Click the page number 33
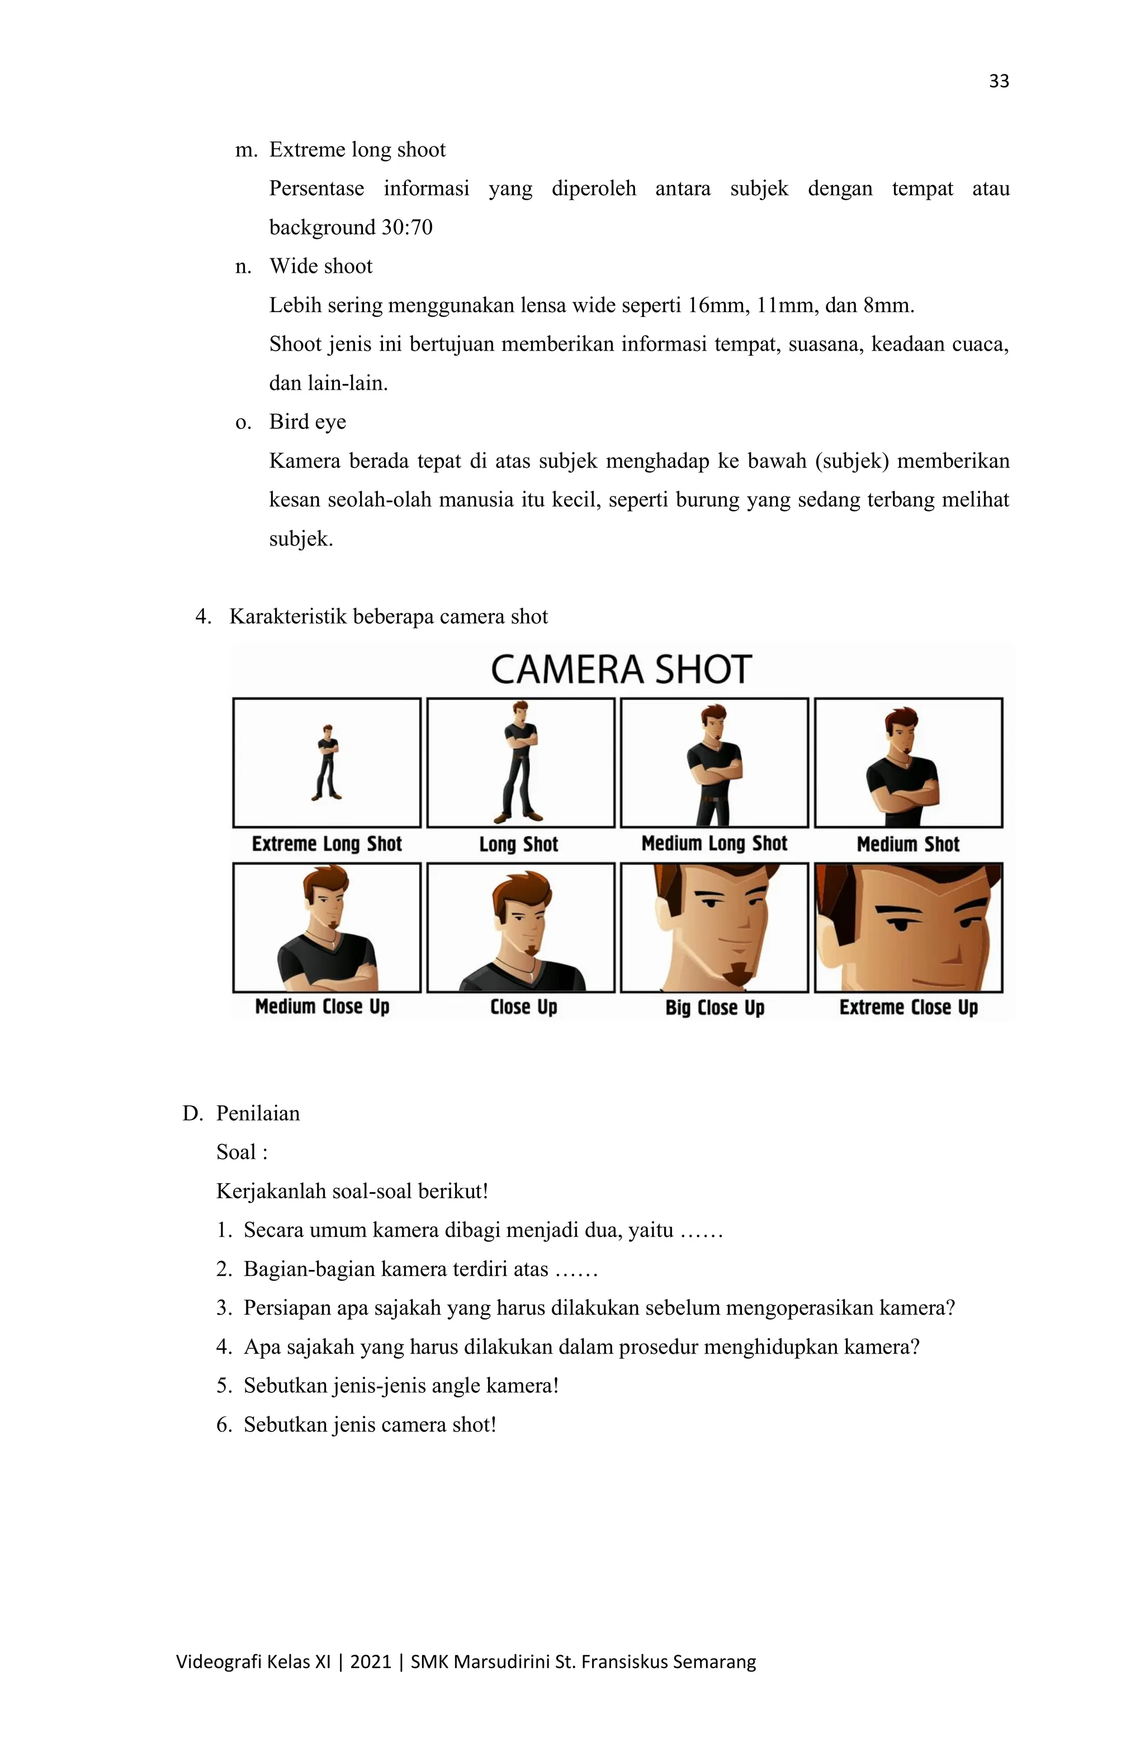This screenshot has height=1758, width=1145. click(x=999, y=81)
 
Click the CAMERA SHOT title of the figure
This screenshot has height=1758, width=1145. click(x=621, y=670)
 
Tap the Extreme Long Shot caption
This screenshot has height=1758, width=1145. click(x=327, y=844)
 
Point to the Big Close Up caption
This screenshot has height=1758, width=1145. click(x=715, y=1008)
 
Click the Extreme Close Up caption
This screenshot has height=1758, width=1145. click(x=908, y=1008)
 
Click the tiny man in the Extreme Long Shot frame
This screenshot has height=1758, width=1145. click(x=327, y=762)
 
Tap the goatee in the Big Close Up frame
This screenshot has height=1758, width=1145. click(x=736, y=973)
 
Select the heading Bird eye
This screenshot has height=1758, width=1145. click(x=307, y=422)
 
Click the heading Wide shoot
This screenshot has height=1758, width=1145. click(x=320, y=266)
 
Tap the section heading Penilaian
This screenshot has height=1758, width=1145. click(x=258, y=1113)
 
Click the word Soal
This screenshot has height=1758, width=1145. click(x=236, y=1152)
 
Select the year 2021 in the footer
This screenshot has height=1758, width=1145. click(x=370, y=1662)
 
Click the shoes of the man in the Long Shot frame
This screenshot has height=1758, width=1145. click(x=519, y=817)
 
